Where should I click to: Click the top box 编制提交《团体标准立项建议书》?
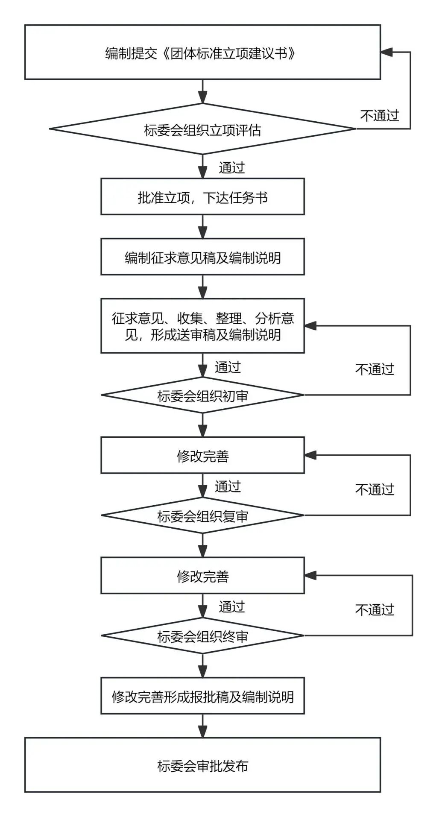click(x=202, y=52)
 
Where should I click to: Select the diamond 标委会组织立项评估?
click(x=202, y=129)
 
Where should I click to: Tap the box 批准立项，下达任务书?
click(x=202, y=197)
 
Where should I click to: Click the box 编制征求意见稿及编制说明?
click(x=202, y=257)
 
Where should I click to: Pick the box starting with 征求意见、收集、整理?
click(x=202, y=326)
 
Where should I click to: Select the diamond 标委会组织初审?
click(x=202, y=395)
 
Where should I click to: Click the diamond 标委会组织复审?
click(x=202, y=515)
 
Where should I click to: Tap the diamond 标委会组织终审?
click(x=202, y=636)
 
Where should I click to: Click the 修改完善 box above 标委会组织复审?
click(x=202, y=455)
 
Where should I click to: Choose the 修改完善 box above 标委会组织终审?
click(x=202, y=576)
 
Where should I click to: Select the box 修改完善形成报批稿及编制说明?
click(x=202, y=696)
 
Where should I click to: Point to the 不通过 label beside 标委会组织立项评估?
click(x=379, y=115)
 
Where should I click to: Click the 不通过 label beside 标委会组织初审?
click(x=374, y=369)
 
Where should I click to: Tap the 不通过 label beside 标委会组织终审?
click(x=374, y=609)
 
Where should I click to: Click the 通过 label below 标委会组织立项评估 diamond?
click(x=231, y=167)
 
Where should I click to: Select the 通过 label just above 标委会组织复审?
click(x=228, y=486)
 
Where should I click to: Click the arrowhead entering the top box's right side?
click(x=386, y=52)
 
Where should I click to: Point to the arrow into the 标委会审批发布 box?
click(x=203, y=726)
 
